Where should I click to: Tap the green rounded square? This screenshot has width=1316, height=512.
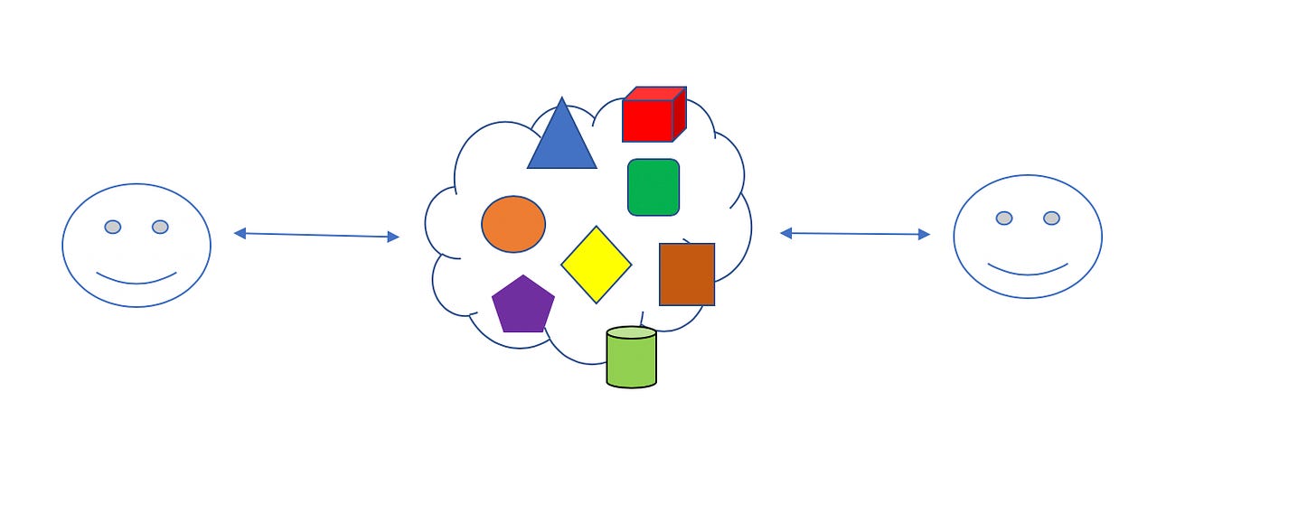point(653,187)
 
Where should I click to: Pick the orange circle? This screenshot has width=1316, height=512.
point(513,224)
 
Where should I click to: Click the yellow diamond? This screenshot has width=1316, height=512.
point(597,265)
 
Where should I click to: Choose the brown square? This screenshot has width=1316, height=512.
point(687,274)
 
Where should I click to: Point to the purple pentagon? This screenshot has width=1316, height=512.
point(522,306)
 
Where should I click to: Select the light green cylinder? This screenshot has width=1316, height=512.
point(631,361)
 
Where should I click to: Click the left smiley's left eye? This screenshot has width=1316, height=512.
point(113,227)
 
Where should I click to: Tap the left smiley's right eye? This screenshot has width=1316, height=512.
point(160,227)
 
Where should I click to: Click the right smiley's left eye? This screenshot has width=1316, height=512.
point(1004,218)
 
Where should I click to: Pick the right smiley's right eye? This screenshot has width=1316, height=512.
point(1051,218)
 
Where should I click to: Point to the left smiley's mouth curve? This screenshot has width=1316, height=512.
point(136,281)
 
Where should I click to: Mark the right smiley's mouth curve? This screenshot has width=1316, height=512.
point(1028,272)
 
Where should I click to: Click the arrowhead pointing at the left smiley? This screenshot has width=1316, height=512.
point(240,233)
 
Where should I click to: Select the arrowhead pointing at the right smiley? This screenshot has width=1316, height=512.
point(924,235)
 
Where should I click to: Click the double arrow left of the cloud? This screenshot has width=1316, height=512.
point(316,235)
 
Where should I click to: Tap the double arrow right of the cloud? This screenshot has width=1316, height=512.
point(854,234)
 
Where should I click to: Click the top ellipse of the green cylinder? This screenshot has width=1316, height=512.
point(631,332)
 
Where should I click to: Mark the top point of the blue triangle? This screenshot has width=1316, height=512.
point(561,99)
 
